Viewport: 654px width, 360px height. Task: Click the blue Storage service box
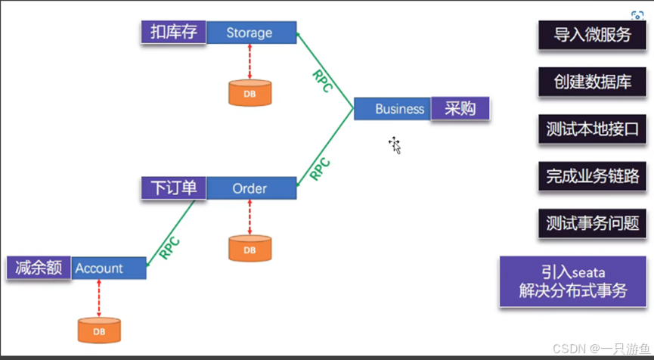click(x=250, y=33)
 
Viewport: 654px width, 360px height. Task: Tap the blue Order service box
click(x=250, y=188)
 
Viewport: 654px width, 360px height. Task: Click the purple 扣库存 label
click(x=173, y=32)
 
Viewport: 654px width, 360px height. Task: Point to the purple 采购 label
click(x=460, y=109)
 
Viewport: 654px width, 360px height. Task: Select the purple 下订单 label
click(x=173, y=188)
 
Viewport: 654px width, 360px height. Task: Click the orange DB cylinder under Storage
click(x=250, y=92)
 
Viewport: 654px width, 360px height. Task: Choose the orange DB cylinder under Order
click(x=250, y=248)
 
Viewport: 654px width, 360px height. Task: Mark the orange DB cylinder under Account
click(x=99, y=330)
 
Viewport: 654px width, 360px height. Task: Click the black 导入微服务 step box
click(x=593, y=36)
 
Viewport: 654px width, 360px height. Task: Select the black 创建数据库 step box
click(x=593, y=82)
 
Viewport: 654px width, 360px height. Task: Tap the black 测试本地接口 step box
click(x=593, y=129)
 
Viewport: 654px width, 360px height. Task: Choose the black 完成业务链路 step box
click(x=593, y=176)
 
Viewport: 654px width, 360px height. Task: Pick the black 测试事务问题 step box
click(x=593, y=223)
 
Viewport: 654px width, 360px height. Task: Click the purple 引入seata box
click(x=573, y=281)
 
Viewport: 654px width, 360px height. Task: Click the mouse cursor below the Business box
click(x=395, y=144)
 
